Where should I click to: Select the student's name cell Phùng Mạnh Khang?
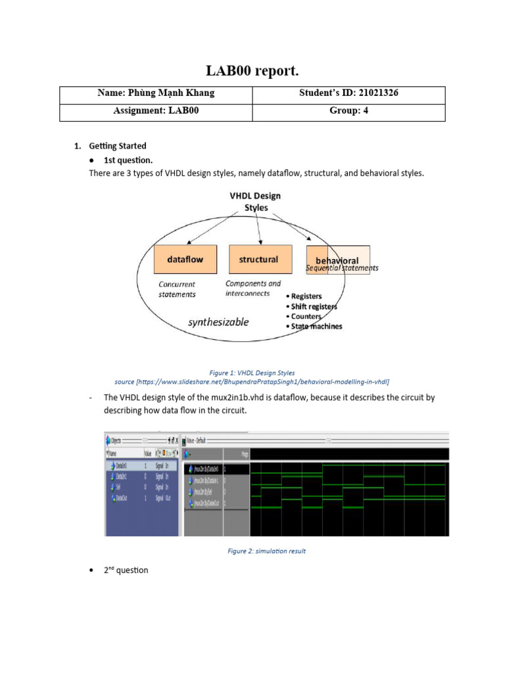156,93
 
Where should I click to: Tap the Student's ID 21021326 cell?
349,93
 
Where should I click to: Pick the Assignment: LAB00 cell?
156,111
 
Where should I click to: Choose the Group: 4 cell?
349,111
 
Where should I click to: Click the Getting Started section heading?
118,146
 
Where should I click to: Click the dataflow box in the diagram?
185,260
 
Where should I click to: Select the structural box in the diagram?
258,260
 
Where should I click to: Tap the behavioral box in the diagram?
337,260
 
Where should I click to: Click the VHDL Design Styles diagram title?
254,201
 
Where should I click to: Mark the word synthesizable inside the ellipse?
218,322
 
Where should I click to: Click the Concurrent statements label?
177,289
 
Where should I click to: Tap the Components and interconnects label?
252,289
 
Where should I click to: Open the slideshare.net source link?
252,381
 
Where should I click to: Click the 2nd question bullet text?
126,570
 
